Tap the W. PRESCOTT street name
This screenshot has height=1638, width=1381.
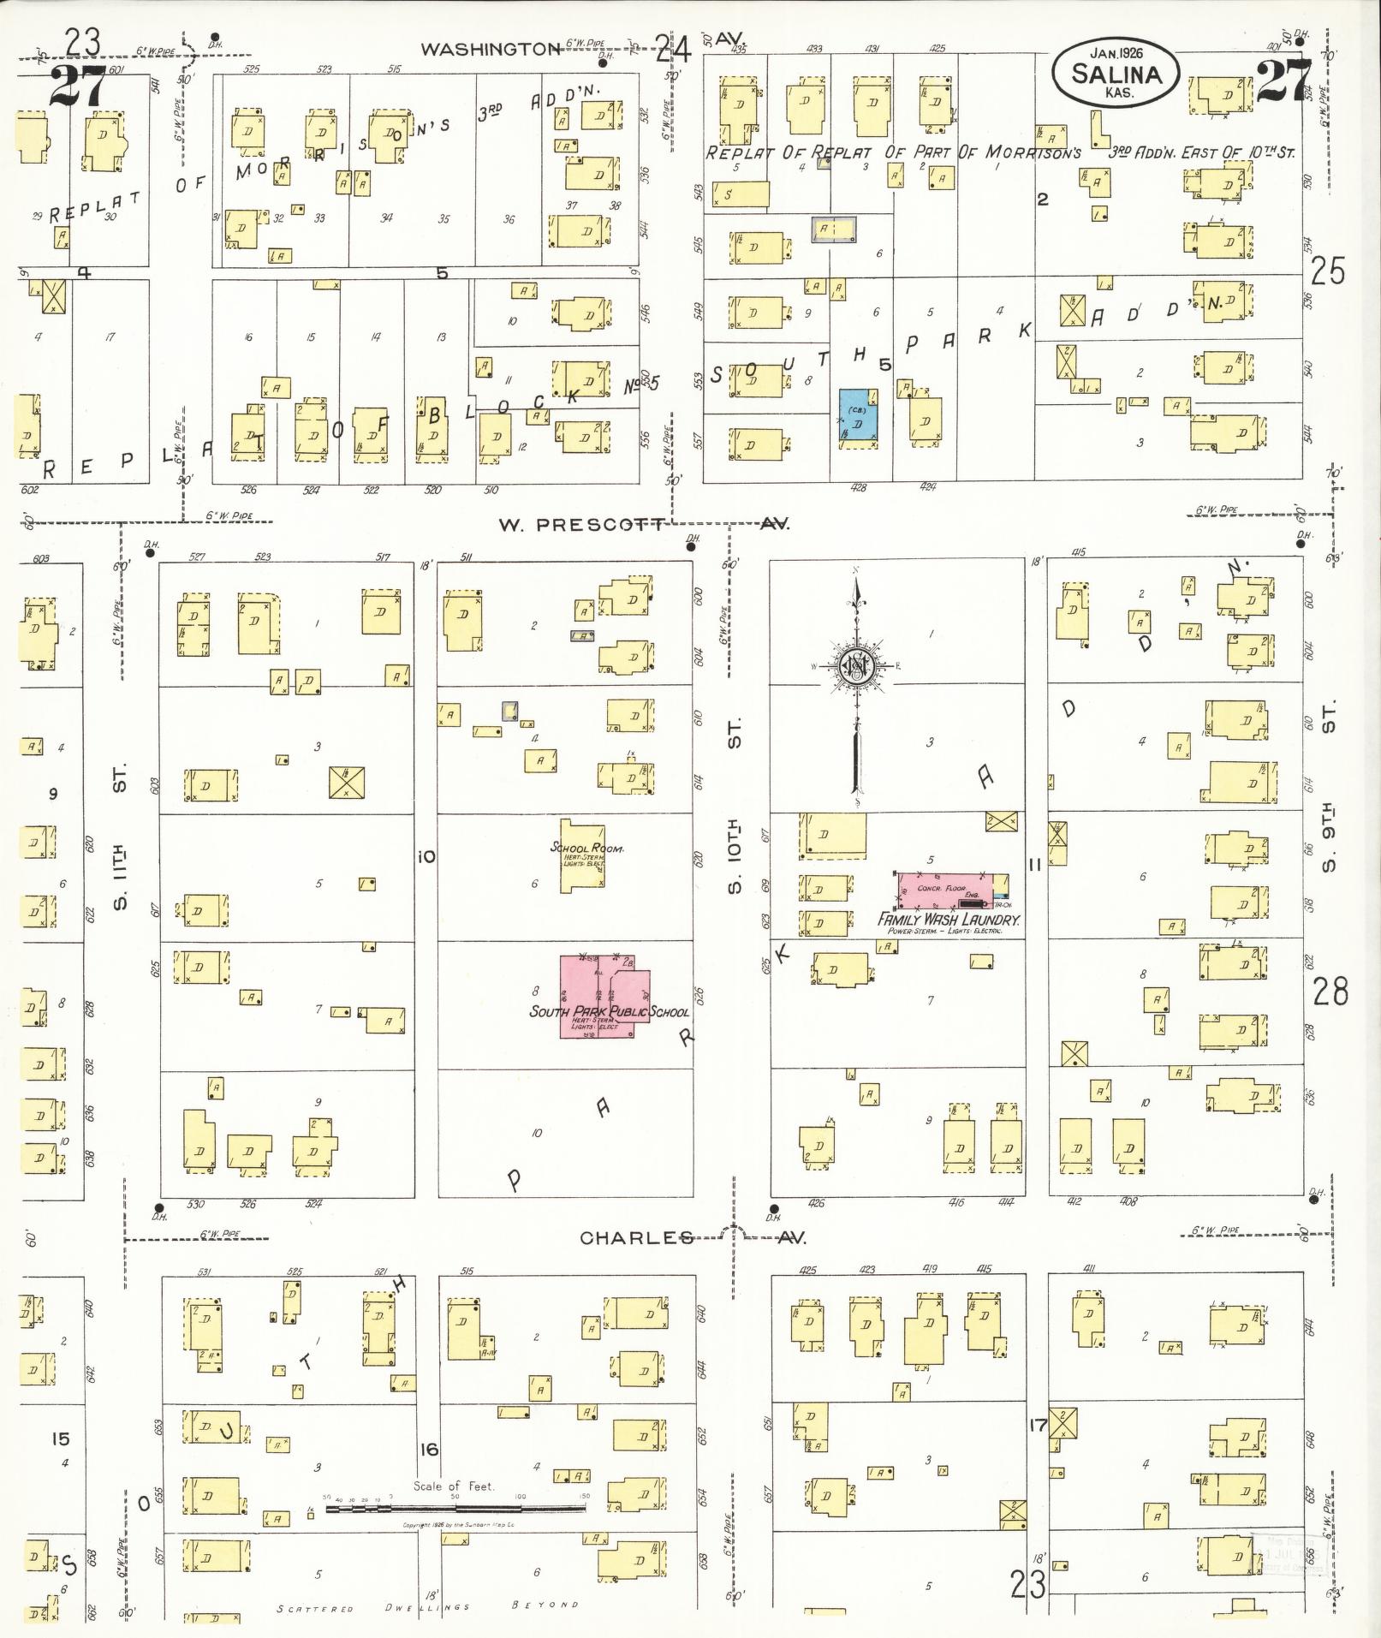pyautogui.click(x=582, y=524)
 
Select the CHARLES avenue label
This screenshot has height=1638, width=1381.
pyautogui.click(x=636, y=1237)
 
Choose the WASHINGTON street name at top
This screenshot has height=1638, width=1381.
pyautogui.click(x=490, y=49)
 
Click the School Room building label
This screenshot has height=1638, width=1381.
pyautogui.click(x=586, y=848)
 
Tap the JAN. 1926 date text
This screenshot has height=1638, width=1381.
pyautogui.click(x=1116, y=52)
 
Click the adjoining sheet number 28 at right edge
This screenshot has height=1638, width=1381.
pyautogui.click(x=1330, y=992)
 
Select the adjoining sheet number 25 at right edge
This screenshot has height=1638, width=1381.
pyautogui.click(x=1327, y=271)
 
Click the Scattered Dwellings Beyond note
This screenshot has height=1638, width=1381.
pyautogui.click(x=428, y=1607)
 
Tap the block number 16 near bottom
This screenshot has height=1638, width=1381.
pyautogui.click(x=428, y=1449)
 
